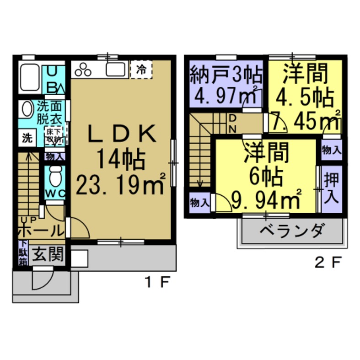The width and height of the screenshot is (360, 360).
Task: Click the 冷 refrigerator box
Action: [141, 70]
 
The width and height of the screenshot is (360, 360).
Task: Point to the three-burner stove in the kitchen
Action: [84, 70]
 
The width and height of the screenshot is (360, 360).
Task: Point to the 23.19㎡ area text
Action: [120, 186]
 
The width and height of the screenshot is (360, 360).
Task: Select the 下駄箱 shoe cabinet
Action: [23, 253]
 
